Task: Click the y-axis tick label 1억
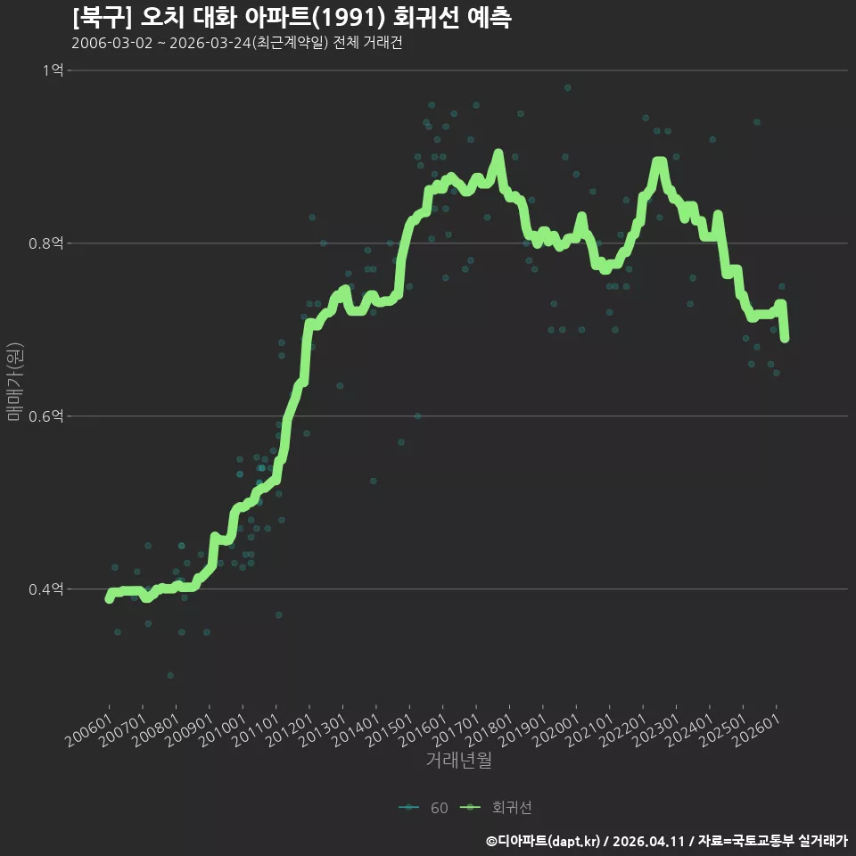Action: tap(53, 70)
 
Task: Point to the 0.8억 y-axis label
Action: tap(46, 243)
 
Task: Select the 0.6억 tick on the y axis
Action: tap(46, 416)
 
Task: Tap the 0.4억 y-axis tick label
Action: tap(46, 589)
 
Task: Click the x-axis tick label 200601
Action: tap(88, 730)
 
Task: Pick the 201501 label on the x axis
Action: tap(389, 730)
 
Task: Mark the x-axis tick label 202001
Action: tap(556, 730)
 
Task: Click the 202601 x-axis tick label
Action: tap(756, 730)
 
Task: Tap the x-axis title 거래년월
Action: tap(458, 760)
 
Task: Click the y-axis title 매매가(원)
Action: tap(15, 382)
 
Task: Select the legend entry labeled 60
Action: tap(424, 808)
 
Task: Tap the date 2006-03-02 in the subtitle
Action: tap(112, 43)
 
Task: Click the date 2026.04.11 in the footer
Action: tap(648, 841)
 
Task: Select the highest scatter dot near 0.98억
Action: tap(568, 87)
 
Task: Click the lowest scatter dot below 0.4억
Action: tap(170, 675)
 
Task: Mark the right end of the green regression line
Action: tap(785, 339)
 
